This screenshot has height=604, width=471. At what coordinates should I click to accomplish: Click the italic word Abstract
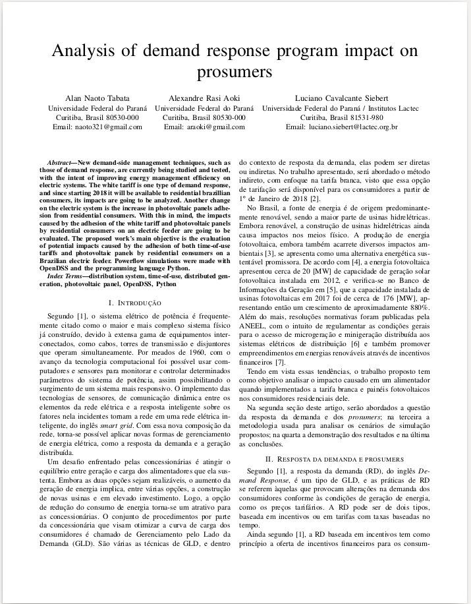pos(61,162)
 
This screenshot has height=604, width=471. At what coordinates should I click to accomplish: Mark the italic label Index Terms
pos(66,276)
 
